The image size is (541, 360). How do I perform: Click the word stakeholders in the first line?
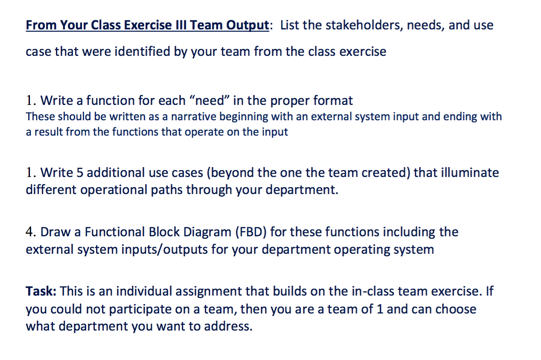click(x=364, y=25)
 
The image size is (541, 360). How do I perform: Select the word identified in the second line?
click(x=142, y=52)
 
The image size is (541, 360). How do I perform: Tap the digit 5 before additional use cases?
click(x=80, y=173)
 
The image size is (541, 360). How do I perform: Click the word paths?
click(x=167, y=190)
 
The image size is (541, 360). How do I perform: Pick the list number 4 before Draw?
click(x=29, y=232)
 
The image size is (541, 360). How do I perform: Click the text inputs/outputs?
click(x=164, y=250)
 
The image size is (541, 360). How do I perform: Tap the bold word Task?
click(x=41, y=291)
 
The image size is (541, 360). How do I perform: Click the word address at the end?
click(x=228, y=326)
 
